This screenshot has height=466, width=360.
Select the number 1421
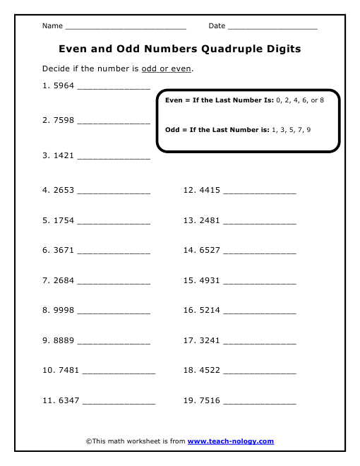coord(64,155)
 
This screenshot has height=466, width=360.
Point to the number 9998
coord(64,310)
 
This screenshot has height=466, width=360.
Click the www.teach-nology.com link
coord(230,441)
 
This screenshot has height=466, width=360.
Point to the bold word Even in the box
coord(173,101)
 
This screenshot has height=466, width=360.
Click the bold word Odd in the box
coord(172,130)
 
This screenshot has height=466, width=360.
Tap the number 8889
coord(64,340)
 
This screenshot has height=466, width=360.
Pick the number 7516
coord(210,400)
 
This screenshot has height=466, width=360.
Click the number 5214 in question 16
coord(210,310)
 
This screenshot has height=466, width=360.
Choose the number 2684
coord(64,280)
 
